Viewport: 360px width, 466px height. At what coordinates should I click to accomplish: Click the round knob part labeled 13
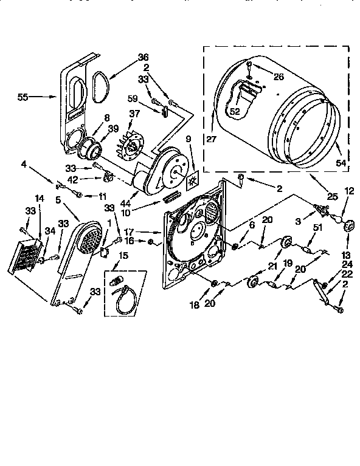tap(349, 226)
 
